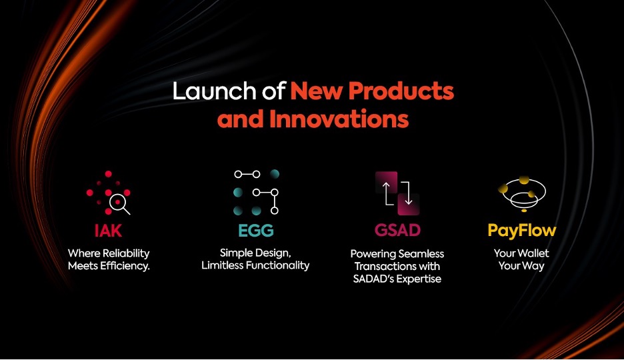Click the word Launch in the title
pyautogui.click(x=215, y=91)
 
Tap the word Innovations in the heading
pyautogui.click(x=339, y=119)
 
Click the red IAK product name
pyautogui.click(x=108, y=231)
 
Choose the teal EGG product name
pyautogui.click(x=256, y=231)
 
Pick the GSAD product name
pyautogui.click(x=397, y=230)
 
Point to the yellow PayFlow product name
pyautogui.click(x=522, y=231)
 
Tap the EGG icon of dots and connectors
pyautogui.click(x=256, y=192)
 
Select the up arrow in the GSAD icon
pyautogui.click(x=386, y=193)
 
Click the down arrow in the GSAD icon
pyautogui.click(x=408, y=193)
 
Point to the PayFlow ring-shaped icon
pyautogui.click(x=522, y=194)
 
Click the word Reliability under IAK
pyautogui.click(x=126, y=254)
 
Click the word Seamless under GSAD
pyautogui.click(x=421, y=254)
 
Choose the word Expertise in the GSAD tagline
pyautogui.click(x=419, y=279)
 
